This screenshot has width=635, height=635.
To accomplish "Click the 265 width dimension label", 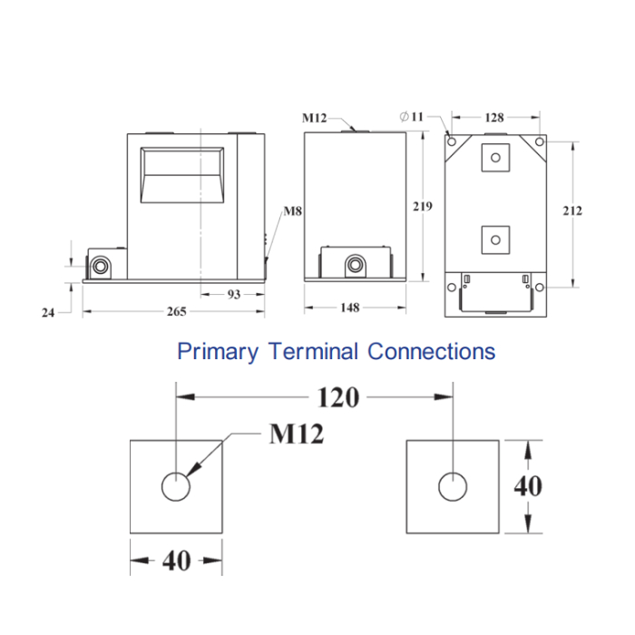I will pyautogui.click(x=176, y=312).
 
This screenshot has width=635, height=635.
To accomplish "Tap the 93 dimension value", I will pyautogui.click(x=233, y=295).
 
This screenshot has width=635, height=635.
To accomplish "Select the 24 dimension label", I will pyautogui.click(x=49, y=312).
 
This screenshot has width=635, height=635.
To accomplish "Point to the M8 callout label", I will pyautogui.click(x=292, y=212).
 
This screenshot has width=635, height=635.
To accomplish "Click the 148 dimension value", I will pyautogui.click(x=349, y=308).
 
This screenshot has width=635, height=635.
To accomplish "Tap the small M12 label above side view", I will pyautogui.click(x=314, y=117).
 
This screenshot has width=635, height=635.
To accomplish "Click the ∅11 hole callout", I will pyautogui.click(x=411, y=116).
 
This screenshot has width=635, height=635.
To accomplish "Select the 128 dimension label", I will pyautogui.click(x=493, y=117).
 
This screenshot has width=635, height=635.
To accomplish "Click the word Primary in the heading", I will pyautogui.click(x=218, y=351).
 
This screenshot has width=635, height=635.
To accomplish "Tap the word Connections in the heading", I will pyautogui.click(x=432, y=351).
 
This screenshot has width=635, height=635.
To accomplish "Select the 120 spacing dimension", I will pyautogui.click(x=337, y=396).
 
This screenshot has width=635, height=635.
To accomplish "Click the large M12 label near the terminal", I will pyautogui.click(x=297, y=435).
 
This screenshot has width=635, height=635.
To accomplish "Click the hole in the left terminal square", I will pyautogui.click(x=175, y=487).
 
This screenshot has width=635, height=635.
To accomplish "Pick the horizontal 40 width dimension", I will pyautogui.click(x=176, y=561).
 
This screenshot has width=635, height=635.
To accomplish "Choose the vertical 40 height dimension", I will pyautogui.click(x=528, y=486).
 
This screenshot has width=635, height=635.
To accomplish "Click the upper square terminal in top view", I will pyautogui.click(x=494, y=157).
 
